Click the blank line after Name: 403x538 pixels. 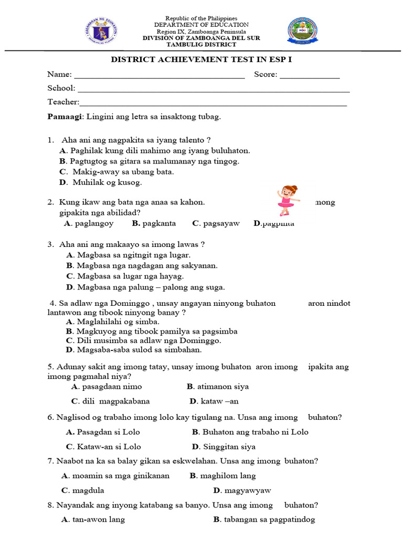point(160,76)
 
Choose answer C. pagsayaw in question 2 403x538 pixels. point(216,223)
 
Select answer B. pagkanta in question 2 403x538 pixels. point(154,223)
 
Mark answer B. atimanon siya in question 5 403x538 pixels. point(218,387)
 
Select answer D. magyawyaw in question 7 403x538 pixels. point(242,491)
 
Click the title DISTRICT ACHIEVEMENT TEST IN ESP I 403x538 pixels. point(201,59)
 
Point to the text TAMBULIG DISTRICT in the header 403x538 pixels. point(201,45)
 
